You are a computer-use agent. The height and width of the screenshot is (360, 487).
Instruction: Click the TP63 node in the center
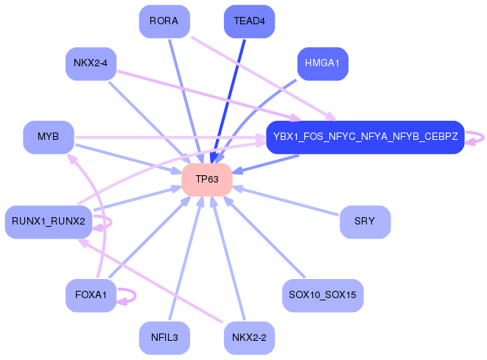click(207, 180)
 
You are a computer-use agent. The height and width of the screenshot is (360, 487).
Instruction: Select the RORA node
click(164, 21)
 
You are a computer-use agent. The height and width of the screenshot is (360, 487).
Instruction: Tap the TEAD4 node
click(248, 21)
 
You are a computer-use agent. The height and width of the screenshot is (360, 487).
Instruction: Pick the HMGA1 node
click(322, 63)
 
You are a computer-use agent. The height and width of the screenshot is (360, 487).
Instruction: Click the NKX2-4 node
click(91, 63)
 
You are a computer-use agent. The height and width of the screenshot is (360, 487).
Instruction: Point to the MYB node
click(49, 137)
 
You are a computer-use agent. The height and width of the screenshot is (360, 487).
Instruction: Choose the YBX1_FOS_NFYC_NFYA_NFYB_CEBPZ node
click(365, 137)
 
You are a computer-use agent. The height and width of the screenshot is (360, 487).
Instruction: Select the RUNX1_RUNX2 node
click(48, 222)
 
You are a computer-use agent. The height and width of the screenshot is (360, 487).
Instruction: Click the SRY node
click(365, 222)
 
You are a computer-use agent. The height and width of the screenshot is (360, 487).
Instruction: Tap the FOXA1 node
click(91, 295)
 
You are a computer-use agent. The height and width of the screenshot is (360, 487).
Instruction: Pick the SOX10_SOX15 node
click(323, 295)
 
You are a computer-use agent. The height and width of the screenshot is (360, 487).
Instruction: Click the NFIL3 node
click(164, 338)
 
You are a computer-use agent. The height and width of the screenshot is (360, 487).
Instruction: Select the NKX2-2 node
click(248, 338)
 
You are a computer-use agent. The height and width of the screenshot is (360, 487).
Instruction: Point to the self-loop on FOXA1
click(133, 295)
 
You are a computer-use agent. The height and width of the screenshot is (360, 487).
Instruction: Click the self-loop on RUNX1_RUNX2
click(108, 221)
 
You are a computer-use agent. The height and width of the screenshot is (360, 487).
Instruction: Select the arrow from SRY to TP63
click(287, 201)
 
